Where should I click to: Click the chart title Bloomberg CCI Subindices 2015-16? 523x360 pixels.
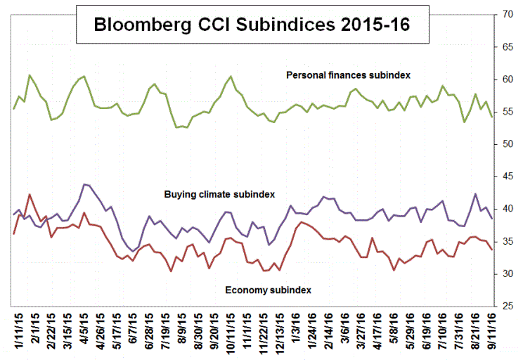(252, 25)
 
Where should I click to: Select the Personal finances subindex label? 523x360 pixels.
(348, 75)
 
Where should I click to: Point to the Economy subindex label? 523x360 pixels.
(267, 290)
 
